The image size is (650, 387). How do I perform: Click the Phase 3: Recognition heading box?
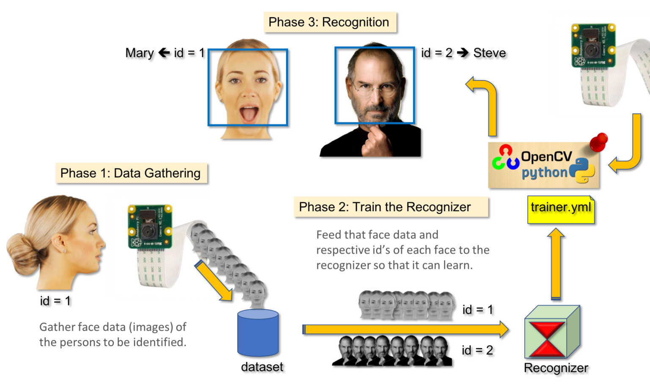329,22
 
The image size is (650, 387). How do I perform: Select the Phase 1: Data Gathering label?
131,173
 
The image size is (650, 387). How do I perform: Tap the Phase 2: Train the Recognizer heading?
385,207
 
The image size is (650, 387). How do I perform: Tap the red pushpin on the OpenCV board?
599,142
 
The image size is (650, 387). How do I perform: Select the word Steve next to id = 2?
490,53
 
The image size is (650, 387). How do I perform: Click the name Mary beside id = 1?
139,53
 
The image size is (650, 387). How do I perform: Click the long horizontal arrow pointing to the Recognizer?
404,330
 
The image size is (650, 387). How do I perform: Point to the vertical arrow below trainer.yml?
556,264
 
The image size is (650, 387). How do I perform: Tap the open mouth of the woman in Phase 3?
249,113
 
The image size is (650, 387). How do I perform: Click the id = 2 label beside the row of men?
477,350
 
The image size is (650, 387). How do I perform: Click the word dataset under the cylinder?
262,367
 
